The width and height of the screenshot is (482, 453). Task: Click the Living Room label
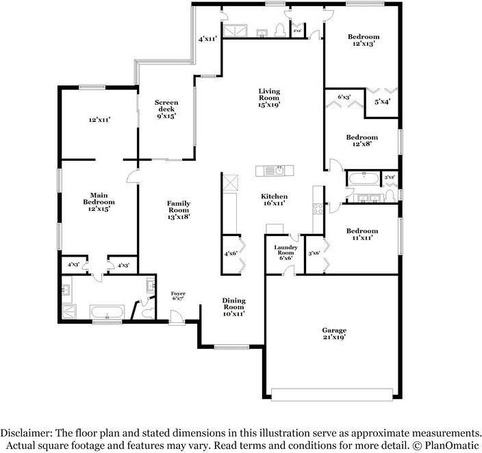[269, 91]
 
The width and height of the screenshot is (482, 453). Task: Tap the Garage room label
[334, 330]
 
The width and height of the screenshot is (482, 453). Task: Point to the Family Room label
[178, 203]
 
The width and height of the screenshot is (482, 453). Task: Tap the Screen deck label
[166, 105]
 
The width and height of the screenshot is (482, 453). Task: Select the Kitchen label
[274, 196]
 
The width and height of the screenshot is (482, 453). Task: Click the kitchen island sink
[269, 170]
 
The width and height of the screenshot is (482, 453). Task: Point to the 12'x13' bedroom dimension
[363, 43]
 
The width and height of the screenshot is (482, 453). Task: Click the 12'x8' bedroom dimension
[362, 144]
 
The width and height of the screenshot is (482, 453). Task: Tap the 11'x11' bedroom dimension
[363, 237]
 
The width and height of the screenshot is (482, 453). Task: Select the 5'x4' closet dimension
[383, 102]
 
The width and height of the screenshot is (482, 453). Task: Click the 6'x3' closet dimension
[344, 97]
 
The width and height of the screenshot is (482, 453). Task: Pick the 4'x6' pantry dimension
[231, 254]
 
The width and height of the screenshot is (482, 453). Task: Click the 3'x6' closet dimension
[315, 253]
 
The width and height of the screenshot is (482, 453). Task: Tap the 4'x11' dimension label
[207, 40]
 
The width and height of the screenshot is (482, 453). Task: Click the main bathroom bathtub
[107, 313]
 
